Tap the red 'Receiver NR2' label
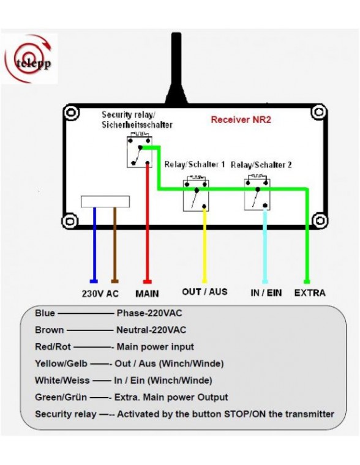click(x=241, y=120)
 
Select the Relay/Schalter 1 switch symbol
click(x=196, y=195)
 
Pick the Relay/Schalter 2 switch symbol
click(x=257, y=193)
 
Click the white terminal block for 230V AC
click(x=105, y=201)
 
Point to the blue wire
click(x=94, y=245)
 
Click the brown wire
click(x=114, y=245)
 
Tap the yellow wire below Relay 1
click(x=204, y=245)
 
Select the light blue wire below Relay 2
click(x=265, y=245)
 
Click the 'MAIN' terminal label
click(x=147, y=293)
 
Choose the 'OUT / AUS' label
click(x=204, y=291)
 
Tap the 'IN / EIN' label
click(x=266, y=292)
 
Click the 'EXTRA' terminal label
click(x=310, y=292)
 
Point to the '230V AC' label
click(x=100, y=293)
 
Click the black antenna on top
click(x=175, y=67)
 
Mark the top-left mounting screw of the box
click(x=72, y=114)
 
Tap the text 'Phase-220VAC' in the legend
click(x=149, y=313)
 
